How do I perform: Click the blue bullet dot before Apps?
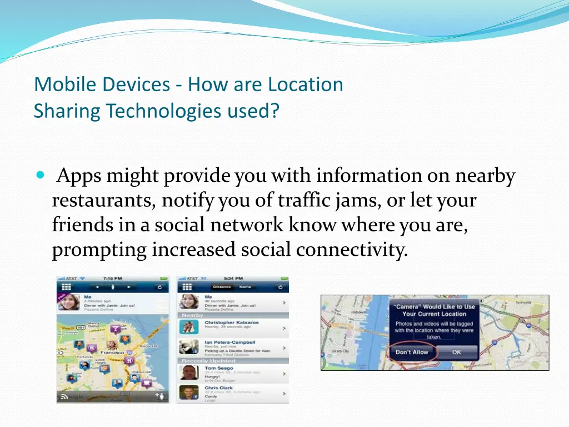39,175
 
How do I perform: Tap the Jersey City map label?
340,351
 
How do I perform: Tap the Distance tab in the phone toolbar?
222,287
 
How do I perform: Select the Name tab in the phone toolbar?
245,287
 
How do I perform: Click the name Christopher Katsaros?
231,322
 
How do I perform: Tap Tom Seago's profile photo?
188,371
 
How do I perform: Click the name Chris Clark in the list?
218,388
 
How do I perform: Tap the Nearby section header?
193,315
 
